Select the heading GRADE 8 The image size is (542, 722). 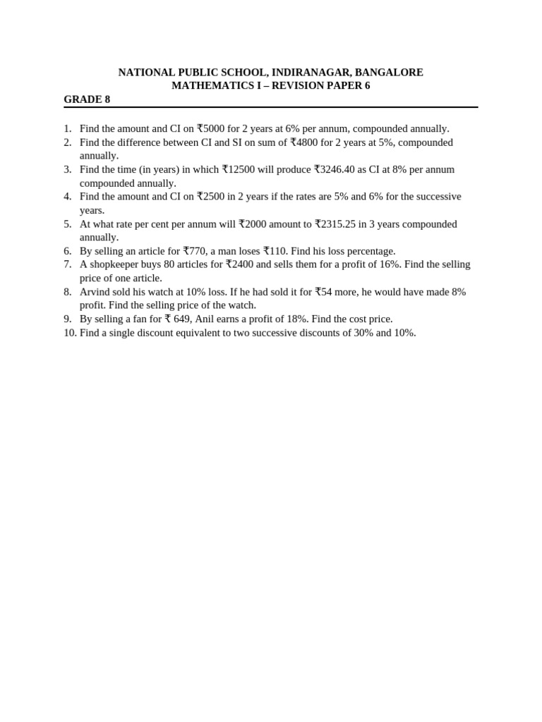pos(87,99)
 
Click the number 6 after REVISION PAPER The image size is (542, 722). pos(367,86)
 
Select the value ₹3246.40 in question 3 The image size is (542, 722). pos(335,169)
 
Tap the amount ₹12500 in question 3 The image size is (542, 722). pos(238,169)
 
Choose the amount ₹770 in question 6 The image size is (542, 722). pos(195,251)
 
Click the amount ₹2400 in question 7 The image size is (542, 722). pos(239,264)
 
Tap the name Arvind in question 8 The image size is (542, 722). pos(95,292)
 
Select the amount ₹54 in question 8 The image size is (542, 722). pos(323,292)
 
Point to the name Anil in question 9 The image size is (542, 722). pos(205,319)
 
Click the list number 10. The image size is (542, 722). pos(70,333)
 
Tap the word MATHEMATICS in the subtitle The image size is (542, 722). pos(204,86)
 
